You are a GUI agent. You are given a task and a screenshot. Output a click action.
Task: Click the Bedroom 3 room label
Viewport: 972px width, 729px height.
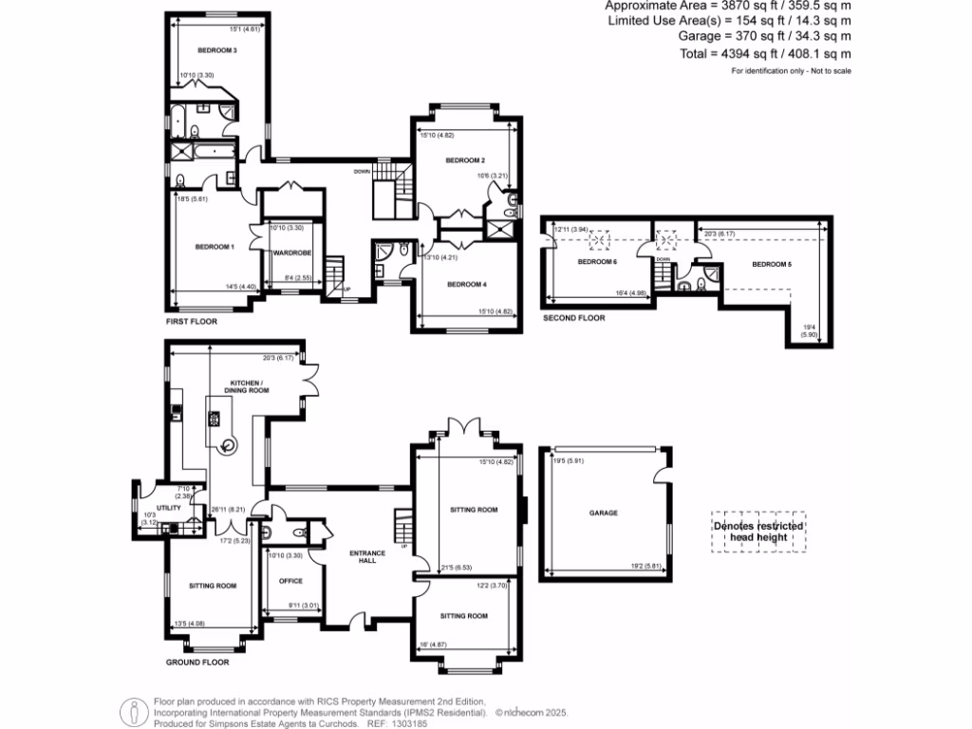217,49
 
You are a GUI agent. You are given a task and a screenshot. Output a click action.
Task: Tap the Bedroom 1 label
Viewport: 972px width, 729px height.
215,247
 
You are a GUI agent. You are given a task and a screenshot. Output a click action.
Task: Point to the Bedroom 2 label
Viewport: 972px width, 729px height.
465,160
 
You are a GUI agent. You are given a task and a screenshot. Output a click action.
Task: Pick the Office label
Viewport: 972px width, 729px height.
290,581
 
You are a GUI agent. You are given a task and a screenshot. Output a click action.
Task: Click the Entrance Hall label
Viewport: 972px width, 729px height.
362,557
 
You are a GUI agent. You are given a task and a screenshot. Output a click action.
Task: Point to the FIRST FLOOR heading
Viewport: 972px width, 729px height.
192,322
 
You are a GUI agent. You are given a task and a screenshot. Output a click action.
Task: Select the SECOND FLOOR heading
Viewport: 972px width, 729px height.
573,318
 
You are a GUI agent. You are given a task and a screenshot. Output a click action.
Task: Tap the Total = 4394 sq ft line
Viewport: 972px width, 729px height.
765,53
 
